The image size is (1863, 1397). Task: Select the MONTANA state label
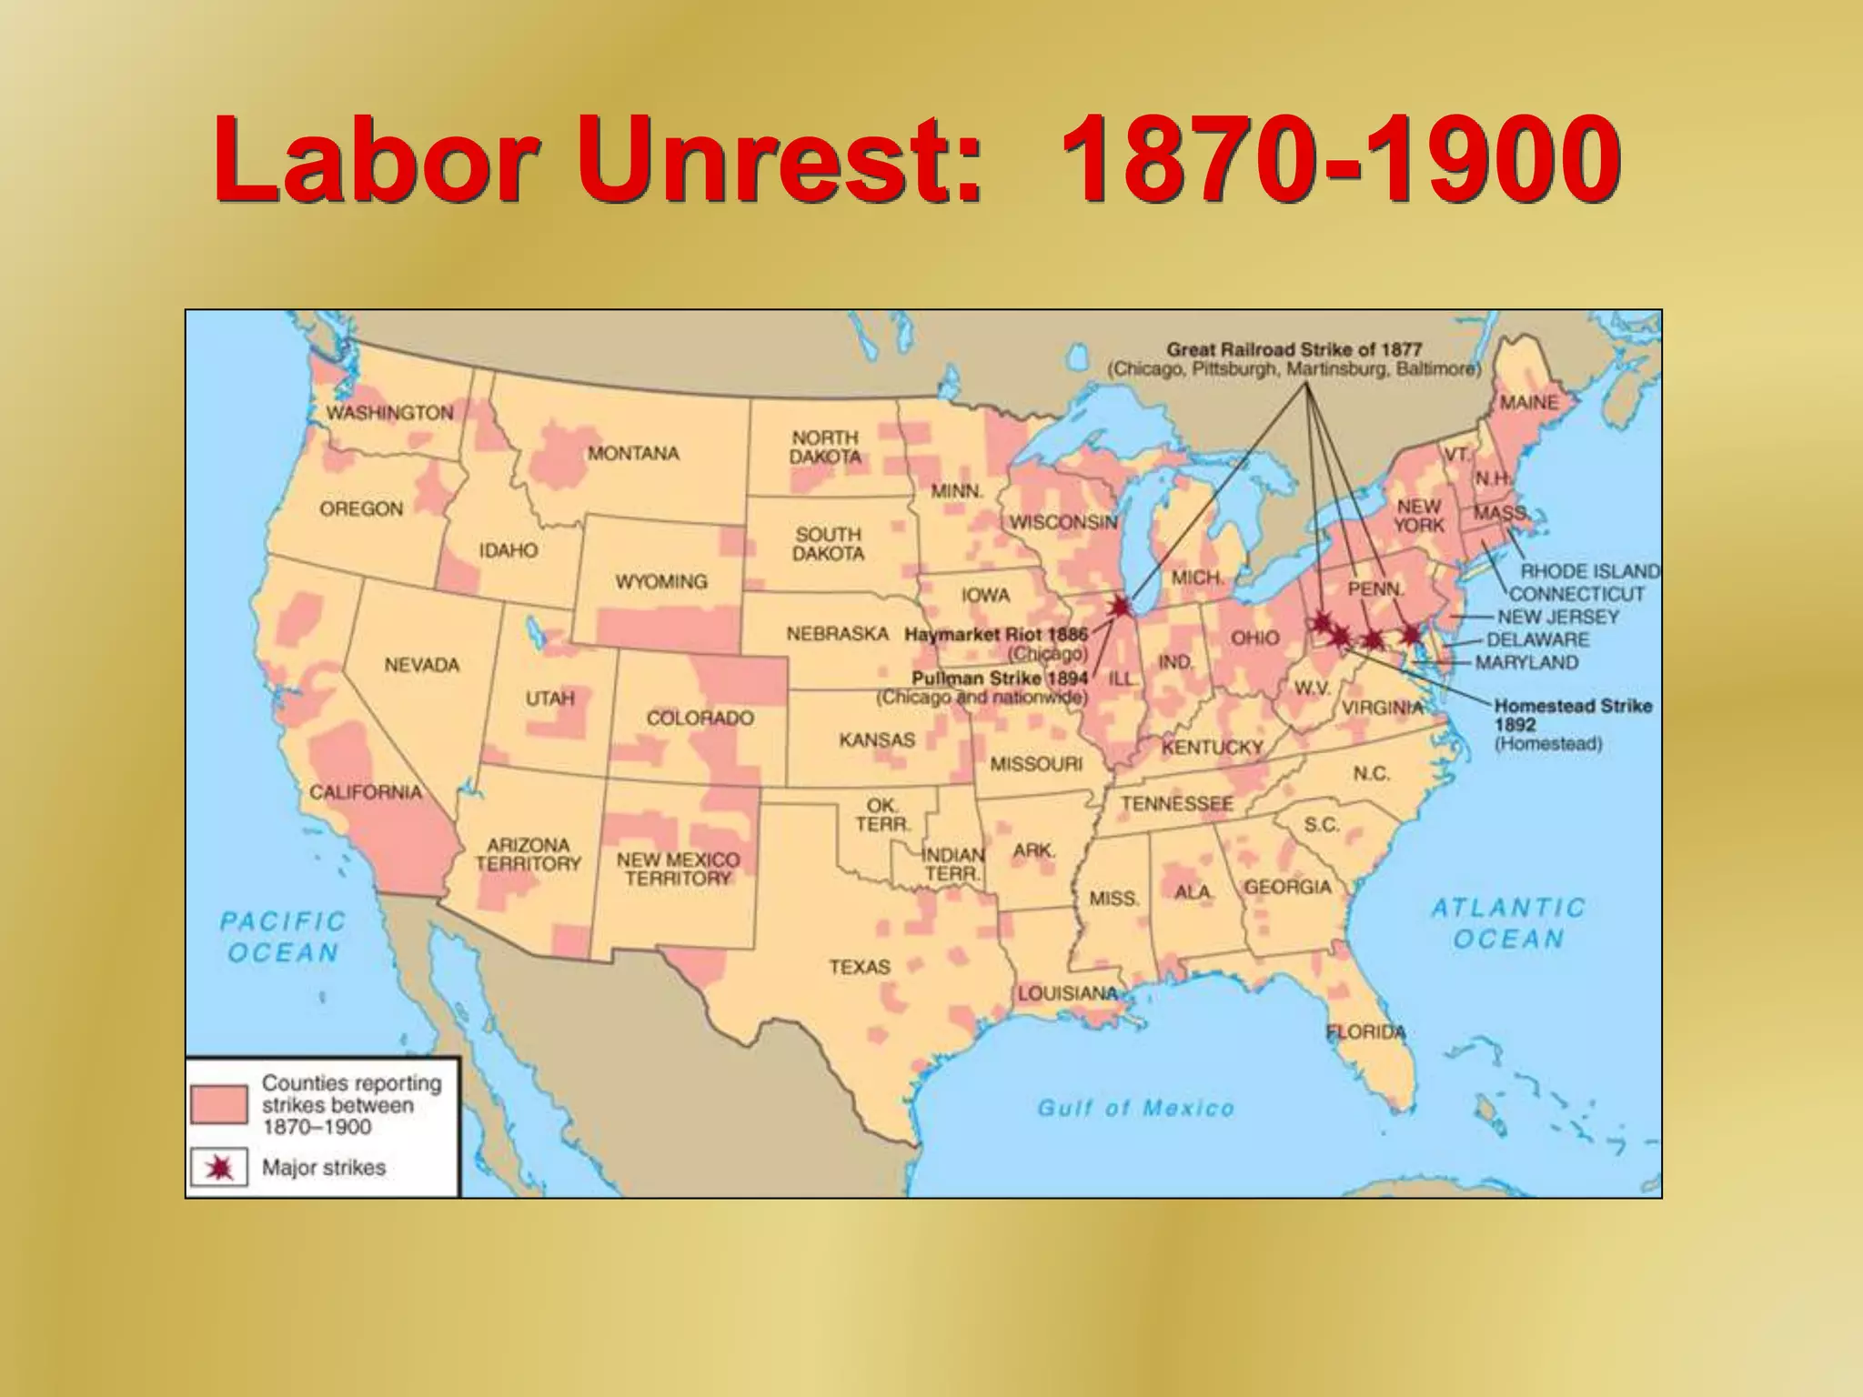coord(633,453)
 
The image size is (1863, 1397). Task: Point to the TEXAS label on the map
coord(859,967)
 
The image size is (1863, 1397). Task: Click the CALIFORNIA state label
coord(366,792)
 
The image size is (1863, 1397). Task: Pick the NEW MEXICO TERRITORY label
coord(678,869)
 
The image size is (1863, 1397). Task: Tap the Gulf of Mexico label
coord(1135,1108)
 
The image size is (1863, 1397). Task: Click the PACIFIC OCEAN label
coord(283,937)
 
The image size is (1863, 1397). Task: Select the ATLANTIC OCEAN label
coord(1508,922)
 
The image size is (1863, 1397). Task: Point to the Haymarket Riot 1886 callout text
coord(995,635)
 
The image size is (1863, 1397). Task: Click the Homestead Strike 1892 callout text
coord(1573,715)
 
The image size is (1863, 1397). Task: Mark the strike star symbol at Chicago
coord(1121,606)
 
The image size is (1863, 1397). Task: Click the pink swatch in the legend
coord(219,1104)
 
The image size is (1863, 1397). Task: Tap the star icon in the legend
coord(219,1168)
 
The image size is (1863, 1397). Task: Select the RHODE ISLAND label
coord(1590,571)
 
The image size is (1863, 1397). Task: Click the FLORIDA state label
coord(1365,1031)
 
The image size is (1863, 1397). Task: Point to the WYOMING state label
coord(660,581)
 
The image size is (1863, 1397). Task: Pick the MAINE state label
coord(1528,402)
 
